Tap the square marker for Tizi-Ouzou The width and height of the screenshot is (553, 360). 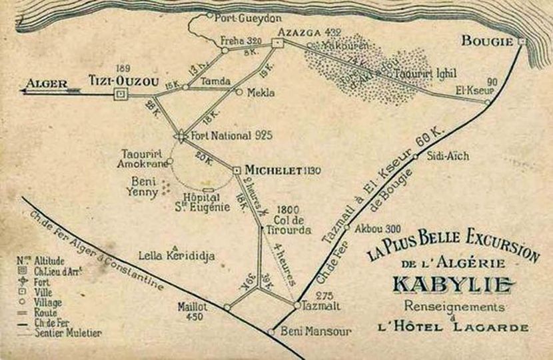tap(121, 95)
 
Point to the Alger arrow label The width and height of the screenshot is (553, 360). tap(47, 83)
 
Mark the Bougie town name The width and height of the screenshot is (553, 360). tap(487, 41)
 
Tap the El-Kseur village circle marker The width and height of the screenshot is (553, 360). tap(488, 102)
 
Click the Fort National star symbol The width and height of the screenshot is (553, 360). tap(181, 136)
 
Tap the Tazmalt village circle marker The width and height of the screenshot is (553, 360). tap(296, 305)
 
